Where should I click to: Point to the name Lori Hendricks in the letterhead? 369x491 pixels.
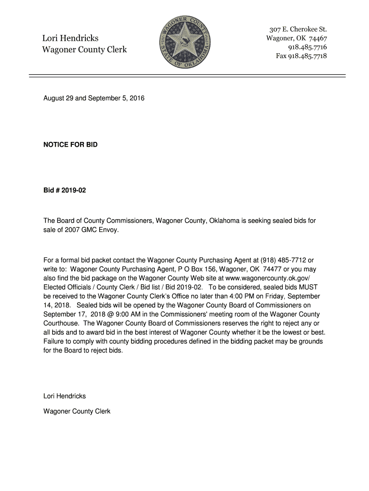70,38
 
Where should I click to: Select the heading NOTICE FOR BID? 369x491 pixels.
70,144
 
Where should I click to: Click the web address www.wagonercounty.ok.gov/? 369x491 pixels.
271,278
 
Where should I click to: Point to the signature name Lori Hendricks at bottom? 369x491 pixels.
65,396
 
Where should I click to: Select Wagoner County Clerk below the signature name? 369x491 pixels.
77,411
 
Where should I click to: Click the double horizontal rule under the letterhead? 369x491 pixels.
187,75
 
